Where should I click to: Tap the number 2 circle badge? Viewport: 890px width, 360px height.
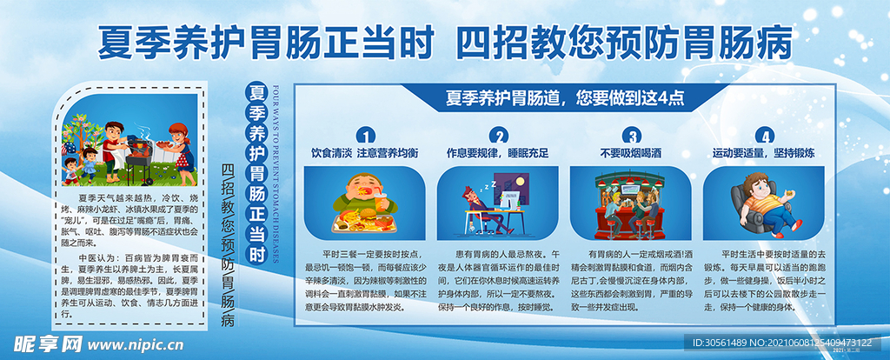pos(499,136)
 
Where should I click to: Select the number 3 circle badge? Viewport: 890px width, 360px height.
pos(632,136)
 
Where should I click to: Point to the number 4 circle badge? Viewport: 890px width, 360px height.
pos(764,136)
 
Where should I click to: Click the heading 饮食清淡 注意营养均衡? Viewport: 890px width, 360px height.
pos(364,153)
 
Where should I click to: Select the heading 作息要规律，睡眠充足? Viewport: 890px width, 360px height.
pos(497,153)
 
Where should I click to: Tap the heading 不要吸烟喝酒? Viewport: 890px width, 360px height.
pos(631,153)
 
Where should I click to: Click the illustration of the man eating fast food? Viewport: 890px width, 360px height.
pos(365,202)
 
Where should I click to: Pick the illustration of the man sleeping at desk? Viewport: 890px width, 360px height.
pos(497,202)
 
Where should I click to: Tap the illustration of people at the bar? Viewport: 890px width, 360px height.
pos(631,202)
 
